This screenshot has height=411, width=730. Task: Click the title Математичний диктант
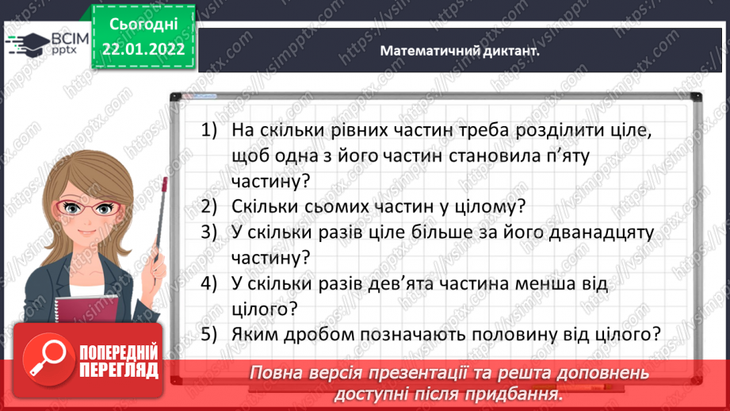coord(459,50)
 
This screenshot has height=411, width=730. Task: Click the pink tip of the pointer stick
coord(165,186)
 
